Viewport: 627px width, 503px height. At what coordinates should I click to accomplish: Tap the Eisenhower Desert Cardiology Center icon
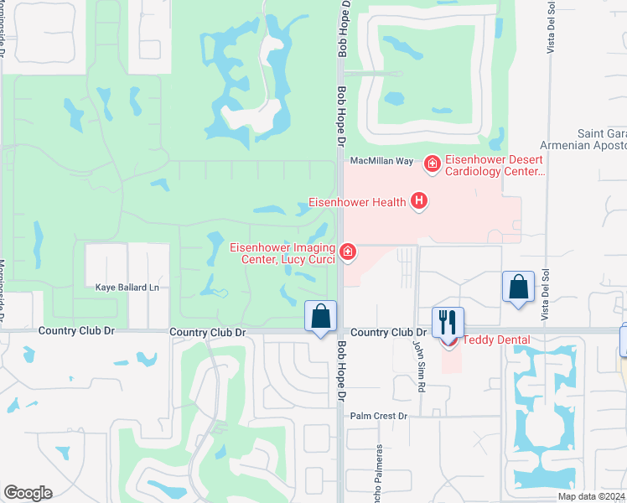(x=433, y=164)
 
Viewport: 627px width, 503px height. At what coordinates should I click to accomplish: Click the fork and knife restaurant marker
(x=448, y=320)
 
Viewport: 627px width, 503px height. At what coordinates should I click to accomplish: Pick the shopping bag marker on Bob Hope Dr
(x=320, y=316)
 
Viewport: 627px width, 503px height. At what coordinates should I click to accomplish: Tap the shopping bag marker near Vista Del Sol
(x=519, y=287)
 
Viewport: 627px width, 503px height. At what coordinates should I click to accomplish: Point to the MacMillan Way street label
(x=381, y=160)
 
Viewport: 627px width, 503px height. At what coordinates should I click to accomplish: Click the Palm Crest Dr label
(x=378, y=416)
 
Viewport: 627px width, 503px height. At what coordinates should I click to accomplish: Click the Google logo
(x=28, y=493)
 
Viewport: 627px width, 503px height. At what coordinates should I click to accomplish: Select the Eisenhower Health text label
(x=357, y=202)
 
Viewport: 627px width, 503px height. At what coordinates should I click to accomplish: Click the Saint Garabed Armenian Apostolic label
(x=602, y=140)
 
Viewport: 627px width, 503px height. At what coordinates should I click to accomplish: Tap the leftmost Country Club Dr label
(x=76, y=332)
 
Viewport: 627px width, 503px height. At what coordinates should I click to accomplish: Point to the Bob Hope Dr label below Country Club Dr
(x=341, y=369)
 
